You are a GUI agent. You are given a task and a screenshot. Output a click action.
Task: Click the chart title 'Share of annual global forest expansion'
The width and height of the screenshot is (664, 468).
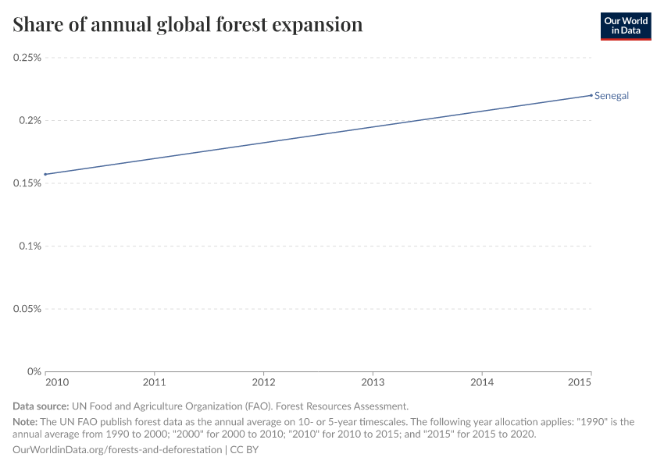(x=187, y=25)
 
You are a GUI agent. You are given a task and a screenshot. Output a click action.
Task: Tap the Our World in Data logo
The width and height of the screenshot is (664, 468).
(x=625, y=26)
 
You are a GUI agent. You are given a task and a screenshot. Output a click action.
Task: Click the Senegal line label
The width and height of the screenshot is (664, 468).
(x=612, y=96)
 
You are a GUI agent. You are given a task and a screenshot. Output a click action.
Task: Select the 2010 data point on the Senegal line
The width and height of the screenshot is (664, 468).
(x=45, y=174)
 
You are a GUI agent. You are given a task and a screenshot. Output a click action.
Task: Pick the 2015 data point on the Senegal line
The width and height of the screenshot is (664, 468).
(x=591, y=95)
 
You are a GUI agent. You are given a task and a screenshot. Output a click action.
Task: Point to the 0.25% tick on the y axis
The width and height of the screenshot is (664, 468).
(x=27, y=58)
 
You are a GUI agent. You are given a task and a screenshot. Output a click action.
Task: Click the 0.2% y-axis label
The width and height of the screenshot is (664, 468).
(x=30, y=120)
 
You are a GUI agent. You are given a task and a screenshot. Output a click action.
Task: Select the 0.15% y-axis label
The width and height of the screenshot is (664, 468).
(x=27, y=183)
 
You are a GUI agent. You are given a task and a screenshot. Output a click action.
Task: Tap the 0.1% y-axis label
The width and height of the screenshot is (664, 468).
(x=30, y=246)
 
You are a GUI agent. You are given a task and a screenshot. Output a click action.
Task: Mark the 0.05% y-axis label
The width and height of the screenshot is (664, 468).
(x=27, y=308)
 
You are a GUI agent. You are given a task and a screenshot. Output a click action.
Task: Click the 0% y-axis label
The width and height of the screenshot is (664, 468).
(x=34, y=371)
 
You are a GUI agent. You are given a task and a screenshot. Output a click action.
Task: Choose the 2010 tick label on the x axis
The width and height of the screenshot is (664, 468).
(x=56, y=383)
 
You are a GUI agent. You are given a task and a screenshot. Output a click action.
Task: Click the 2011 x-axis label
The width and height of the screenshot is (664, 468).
(x=155, y=383)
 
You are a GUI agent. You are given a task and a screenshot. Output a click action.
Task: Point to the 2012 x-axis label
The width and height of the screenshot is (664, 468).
(x=264, y=383)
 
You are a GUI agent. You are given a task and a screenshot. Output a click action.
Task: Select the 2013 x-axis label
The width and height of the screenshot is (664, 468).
(x=373, y=383)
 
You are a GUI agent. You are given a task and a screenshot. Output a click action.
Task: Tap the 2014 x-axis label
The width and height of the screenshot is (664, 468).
(x=483, y=383)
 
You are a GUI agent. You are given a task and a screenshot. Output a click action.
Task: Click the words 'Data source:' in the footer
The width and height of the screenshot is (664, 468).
(x=41, y=406)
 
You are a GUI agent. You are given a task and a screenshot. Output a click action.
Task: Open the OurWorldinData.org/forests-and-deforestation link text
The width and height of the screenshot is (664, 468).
(x=117, y=450)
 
